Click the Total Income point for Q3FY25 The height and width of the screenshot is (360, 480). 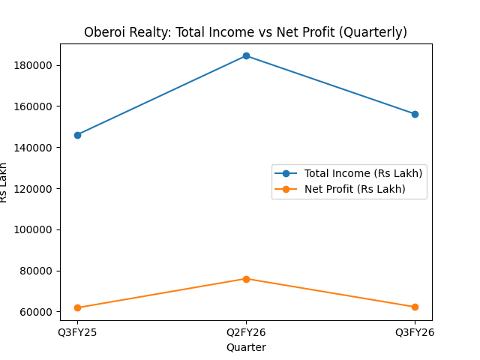(x=77, y=135)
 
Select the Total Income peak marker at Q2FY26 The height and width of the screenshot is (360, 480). (x=246, y=56)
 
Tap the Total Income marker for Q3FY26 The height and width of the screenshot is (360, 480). (x=415, y=114)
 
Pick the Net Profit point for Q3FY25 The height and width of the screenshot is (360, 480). (x=77, y=307)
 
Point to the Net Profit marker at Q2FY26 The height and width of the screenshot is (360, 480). (x=246, y=279)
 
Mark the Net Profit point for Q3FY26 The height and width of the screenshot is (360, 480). (x=415, y=307)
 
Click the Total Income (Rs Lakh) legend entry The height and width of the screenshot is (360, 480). (x=363, y=173)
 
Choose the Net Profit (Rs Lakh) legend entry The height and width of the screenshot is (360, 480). (x=355, y=189)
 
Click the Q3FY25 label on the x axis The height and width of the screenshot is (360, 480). (x=77, y=331)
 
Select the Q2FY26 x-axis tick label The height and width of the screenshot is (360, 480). (x=246, y=331)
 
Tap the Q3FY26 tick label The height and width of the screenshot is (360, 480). (x=415, y=331)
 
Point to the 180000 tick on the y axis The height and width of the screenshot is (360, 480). (x=37, y=65)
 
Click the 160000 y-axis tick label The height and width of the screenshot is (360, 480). (x=37, y=106)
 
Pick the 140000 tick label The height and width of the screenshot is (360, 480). (x=37, y=148)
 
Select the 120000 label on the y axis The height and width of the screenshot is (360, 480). (x=37, y=189)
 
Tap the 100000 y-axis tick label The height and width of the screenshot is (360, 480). (x=37, y=229)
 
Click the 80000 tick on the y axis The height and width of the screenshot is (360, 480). (x=39, y=271)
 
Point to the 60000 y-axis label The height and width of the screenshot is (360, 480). (x=39, y=312)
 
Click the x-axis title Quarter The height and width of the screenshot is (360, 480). (x=246, y=347)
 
